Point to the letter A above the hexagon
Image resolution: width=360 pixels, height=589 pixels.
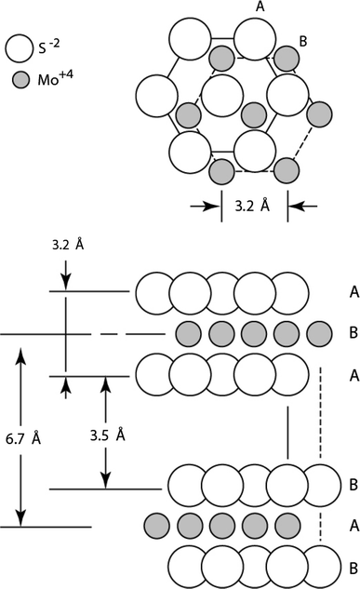(260, 7)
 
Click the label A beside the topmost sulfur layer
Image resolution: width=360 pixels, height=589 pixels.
(354, 292)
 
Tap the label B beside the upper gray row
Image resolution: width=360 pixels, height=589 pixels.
(354, 332)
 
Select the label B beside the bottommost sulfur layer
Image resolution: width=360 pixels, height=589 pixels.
(354, 565)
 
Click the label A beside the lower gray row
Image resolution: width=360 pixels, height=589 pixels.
(354, 525)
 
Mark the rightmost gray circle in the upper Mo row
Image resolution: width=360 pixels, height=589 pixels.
(319, 332)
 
